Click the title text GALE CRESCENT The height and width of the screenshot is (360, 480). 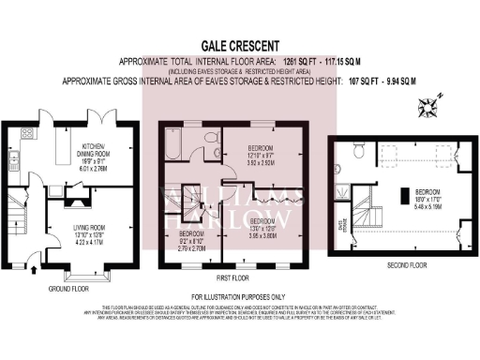tap(240, 43)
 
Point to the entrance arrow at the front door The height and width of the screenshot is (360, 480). tap(35, 270)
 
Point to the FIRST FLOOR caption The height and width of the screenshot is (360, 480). tap(232, 279)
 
